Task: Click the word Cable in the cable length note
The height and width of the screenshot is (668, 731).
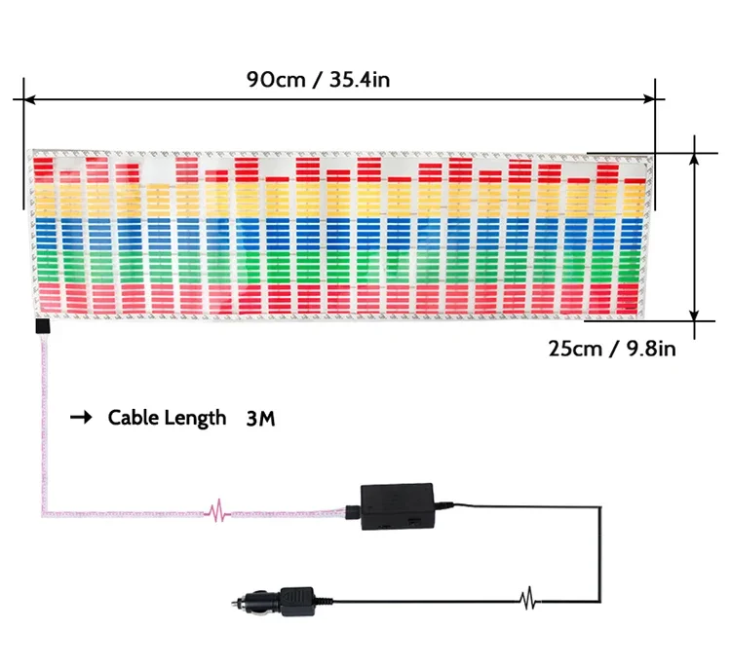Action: pos(133,418)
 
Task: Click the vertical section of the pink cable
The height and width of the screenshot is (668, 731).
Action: pos(43,419)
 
